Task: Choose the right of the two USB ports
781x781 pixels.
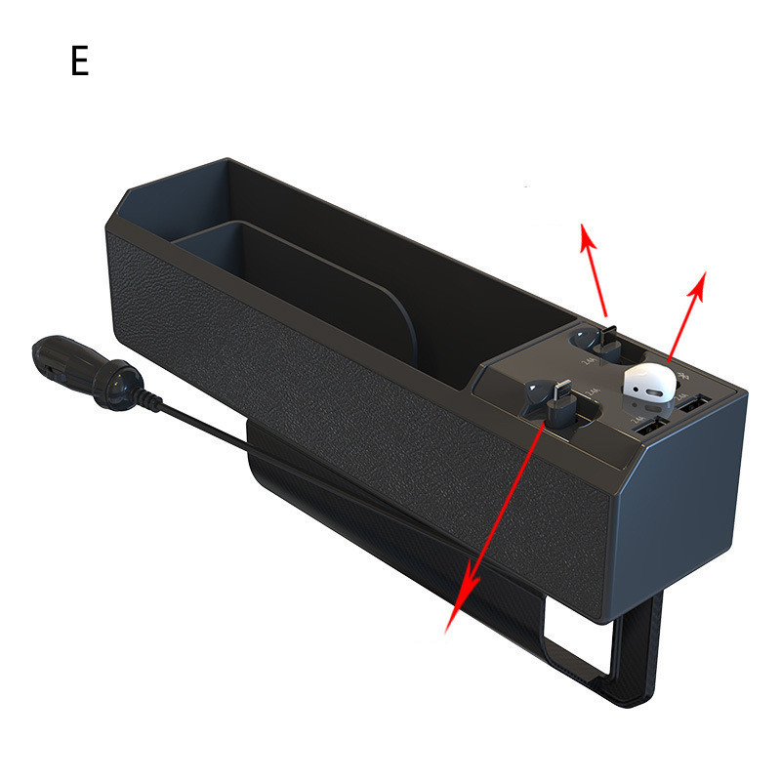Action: [x=696, y=402]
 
